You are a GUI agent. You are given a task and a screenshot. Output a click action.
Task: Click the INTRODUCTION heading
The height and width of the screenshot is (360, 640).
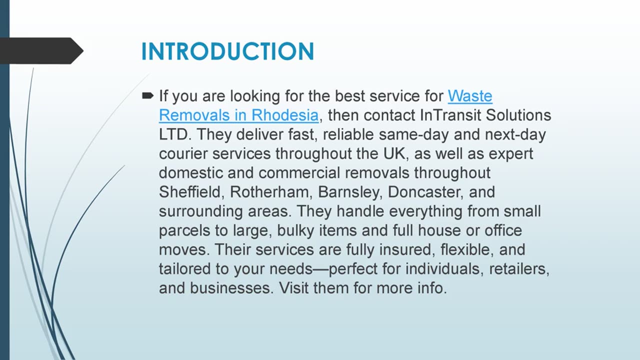(227, 52)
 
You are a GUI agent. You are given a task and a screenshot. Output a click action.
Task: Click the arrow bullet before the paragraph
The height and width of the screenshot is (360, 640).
(147, 95)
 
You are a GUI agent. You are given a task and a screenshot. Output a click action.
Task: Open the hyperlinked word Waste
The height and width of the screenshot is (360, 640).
(469, 95)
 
